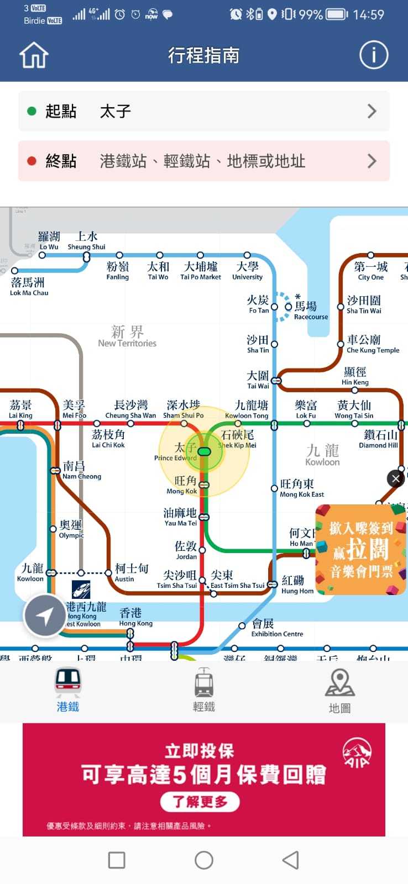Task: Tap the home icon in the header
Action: pos(34,55)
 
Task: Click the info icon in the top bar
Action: pos(374,55)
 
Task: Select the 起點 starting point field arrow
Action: pos(372,112)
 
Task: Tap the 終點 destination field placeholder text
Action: pos(202,161)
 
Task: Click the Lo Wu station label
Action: pos(49,241)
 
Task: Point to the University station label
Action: pos(247,271)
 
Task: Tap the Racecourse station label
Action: pos(310,311)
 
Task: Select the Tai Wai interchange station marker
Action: pos(276,381)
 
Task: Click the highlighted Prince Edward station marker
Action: pos(204,452)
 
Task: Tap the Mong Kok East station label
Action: pos(301,488)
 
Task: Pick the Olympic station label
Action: pos(71,529)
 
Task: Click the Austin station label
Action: pos(130,572)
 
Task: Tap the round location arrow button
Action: pos(45,615)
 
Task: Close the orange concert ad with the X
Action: pos(396,479)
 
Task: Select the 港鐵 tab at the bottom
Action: pos(68,691)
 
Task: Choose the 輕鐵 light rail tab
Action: pos(204,691)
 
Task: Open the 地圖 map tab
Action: pos(339,691)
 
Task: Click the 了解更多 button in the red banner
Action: pos(200,802)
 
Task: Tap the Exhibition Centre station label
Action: pos(276,628)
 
